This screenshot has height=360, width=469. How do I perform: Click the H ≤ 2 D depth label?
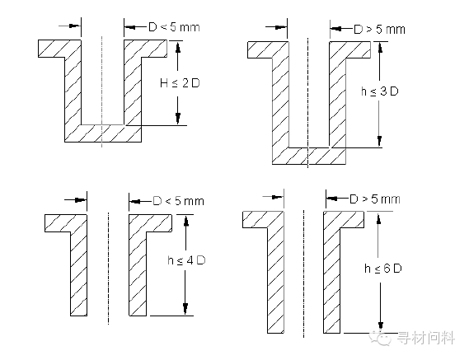(180, 83)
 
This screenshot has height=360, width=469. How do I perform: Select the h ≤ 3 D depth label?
(380, 91)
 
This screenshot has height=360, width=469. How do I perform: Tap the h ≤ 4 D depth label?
(186, 260)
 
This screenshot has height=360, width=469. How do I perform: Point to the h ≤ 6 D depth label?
(382, 269)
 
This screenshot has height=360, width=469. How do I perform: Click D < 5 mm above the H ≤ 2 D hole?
(174, 27)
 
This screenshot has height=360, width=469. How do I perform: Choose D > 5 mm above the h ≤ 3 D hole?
(379, 30)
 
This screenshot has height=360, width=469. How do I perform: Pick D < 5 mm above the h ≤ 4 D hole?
(178, 201)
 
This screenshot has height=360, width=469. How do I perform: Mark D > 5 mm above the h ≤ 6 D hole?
(375, 199)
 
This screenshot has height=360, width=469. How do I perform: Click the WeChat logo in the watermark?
(380, 337)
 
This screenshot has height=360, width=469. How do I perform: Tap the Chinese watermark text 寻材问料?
(425, 338)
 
